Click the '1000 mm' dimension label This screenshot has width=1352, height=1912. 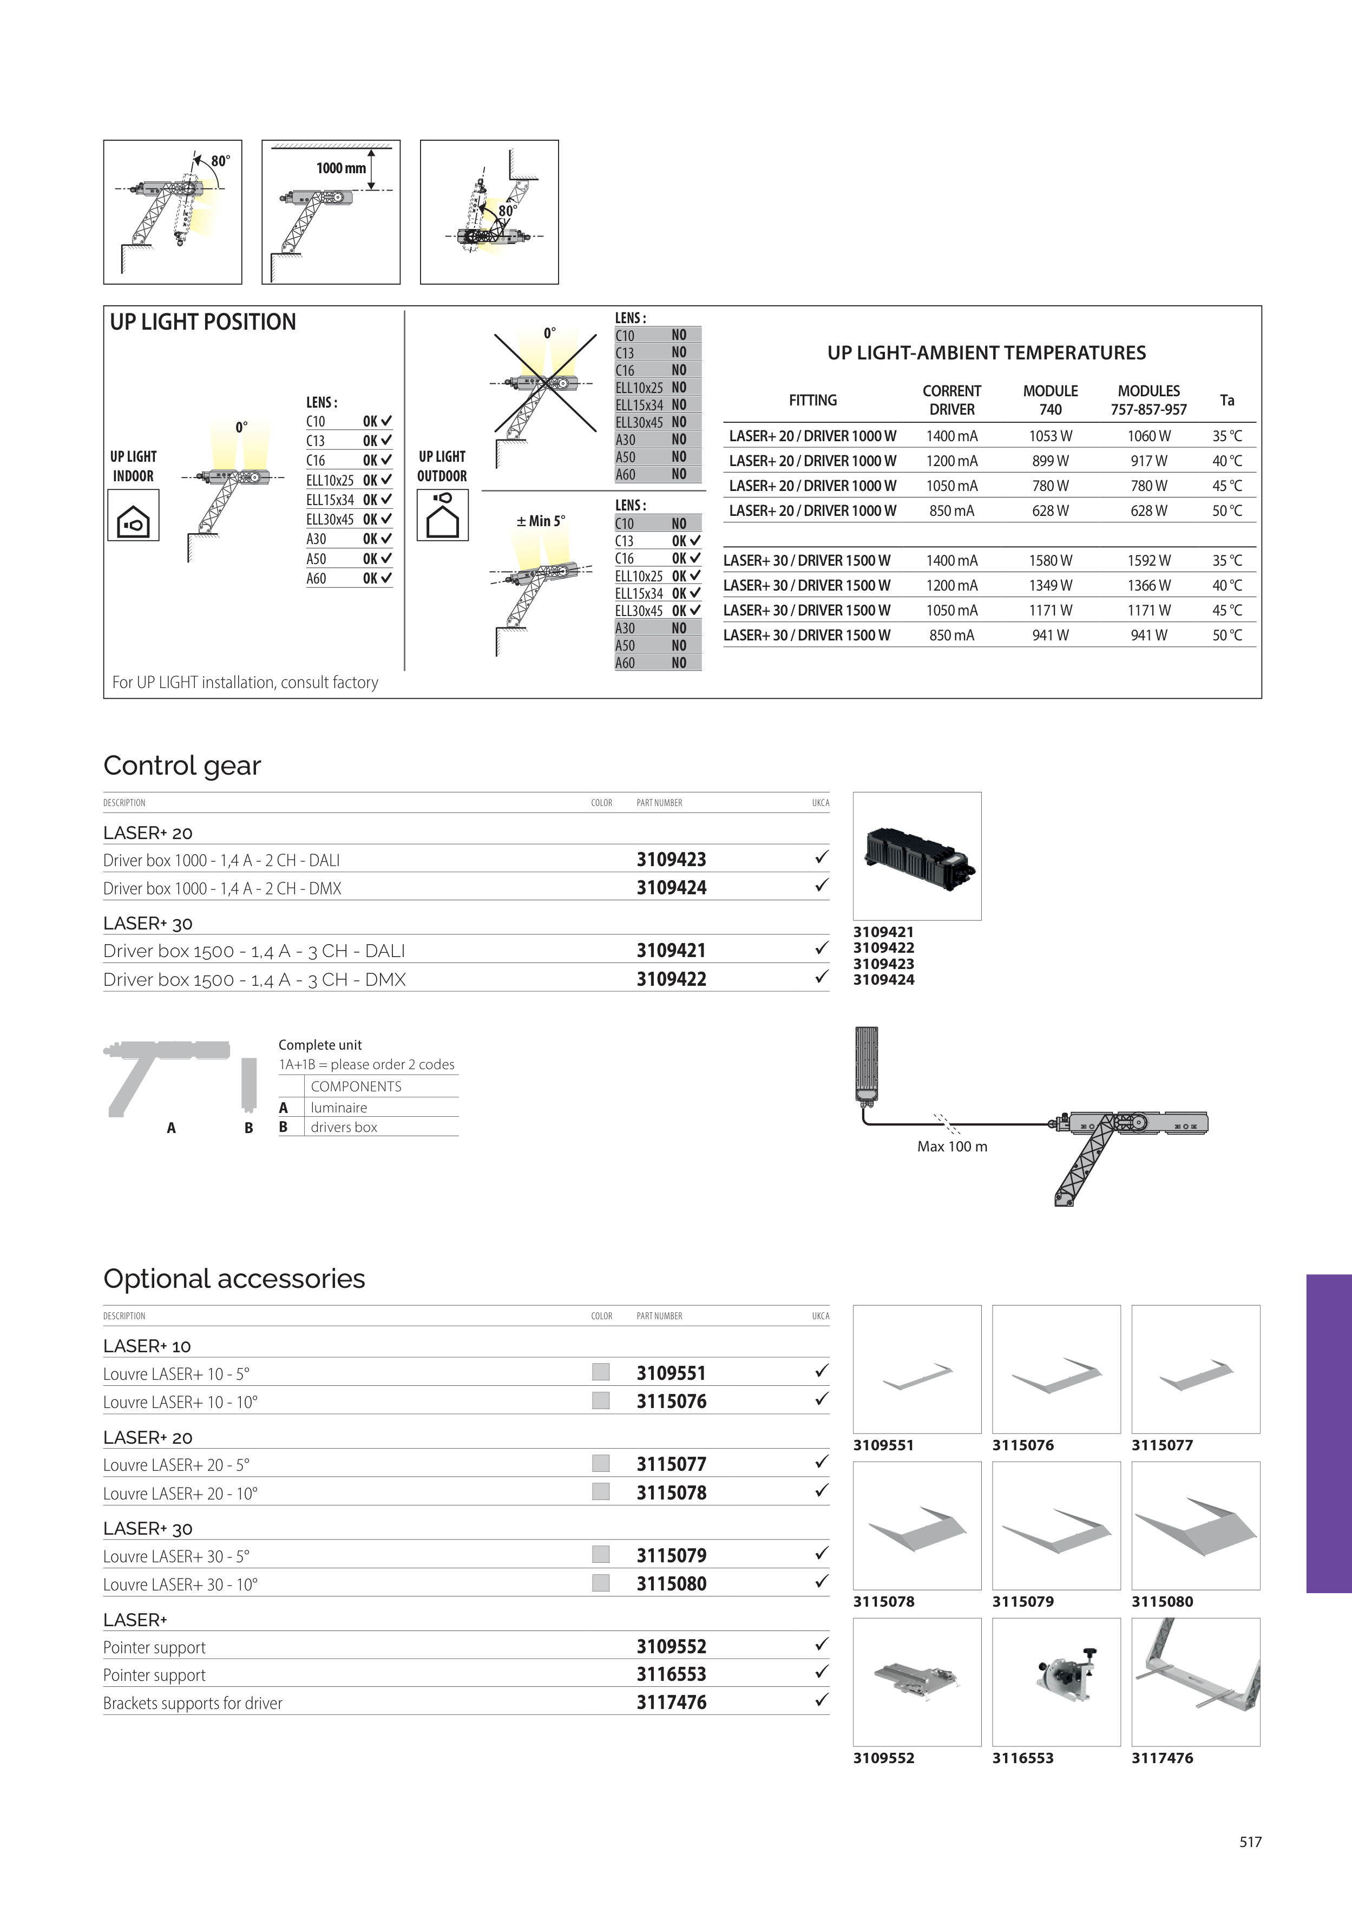pyautogui.click(x=340, y=168)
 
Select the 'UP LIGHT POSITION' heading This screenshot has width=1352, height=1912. pyautogui.click(x=202, y=322)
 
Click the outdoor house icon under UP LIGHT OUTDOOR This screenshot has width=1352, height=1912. pyautogui.click(x=442, y=515)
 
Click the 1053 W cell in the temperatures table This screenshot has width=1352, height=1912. pyautogui.click(x=1050, y=436)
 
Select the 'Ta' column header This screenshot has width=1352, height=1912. pyautogui.click(x=1226, y=401)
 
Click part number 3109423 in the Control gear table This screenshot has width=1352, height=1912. pyautogui.click(x=671, y=860)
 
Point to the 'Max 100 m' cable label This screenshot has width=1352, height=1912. pyautogui.click(x=951, y=1147)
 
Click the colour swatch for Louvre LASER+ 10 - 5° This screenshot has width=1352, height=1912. pyautogui.click(x=600, y=1372)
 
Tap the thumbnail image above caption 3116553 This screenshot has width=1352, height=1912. pyautogui.click(x=1055, y=1682)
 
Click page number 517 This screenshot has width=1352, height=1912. pyautogui.click(x=1250, y=1842)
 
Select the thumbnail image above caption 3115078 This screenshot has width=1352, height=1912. pyautogui.click(x=917, y=1525)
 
